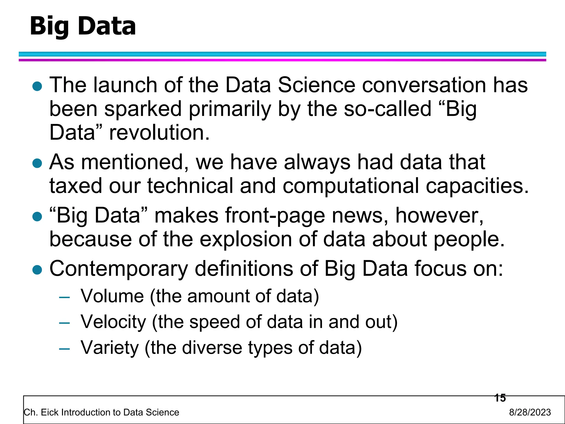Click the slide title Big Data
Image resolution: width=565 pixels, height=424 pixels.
pyautogui.click(x=83, y=26)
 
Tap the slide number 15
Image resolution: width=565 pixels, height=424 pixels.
pyautogui.click(x=500, y=398)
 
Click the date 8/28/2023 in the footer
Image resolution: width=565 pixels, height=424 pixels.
pyautogui.click(x=530, y=412)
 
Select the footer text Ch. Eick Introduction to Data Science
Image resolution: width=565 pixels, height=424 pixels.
pyautogui.click(x=102, y=412)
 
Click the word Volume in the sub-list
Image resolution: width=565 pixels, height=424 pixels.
pyautogui.click(x=112, y=296)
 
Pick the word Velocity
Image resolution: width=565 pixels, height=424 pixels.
pyautogui.click(x=113, y=322)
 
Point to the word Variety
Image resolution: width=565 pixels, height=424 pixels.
pyautogui.click(x=110, y=348)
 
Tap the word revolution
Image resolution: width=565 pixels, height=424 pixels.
pyautogui.click(x=159, y=132)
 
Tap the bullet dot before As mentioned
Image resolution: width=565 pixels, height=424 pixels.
pyautogui.click(x=37, y=163)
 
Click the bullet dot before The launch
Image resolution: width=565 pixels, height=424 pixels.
pyautogui.click(x=37, y=86)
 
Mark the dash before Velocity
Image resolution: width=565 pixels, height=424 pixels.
pyautogui.click(x=64, y=323)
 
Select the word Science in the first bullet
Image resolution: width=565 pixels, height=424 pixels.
pyautogui.click(x=316, y=85)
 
